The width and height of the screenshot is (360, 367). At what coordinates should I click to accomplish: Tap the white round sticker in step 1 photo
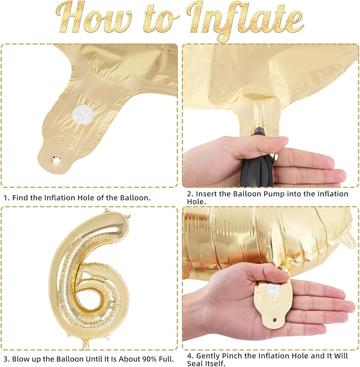[82, 114]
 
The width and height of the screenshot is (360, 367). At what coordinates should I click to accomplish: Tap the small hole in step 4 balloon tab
[275, 319]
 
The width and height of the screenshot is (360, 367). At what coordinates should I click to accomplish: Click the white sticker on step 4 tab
[274, 287]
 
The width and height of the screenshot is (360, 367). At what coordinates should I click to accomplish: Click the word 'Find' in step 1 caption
[20, 198]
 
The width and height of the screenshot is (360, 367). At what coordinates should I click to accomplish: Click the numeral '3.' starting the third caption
[7, 359]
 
